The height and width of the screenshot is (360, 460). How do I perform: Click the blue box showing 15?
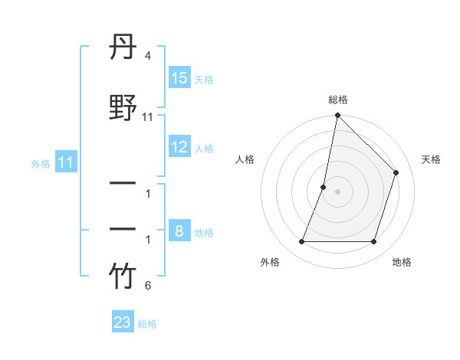179,78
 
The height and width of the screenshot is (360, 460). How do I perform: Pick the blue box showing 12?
179,147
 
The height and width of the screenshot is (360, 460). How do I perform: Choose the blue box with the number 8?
179,231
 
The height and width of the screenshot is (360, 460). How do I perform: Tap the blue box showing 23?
123,322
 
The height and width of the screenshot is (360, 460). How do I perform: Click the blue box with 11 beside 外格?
66,162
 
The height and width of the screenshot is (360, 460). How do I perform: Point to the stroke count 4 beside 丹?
147,57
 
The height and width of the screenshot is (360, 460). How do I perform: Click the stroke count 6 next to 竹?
147,286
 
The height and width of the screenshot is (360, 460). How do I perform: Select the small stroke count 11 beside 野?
148,117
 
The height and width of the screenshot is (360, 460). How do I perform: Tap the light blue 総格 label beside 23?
147,324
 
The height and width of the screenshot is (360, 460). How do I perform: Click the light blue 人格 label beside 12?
204,149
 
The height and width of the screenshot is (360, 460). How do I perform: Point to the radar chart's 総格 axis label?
337,100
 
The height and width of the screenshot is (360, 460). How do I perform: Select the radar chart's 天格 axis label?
431,159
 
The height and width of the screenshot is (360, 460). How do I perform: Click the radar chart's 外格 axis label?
270,262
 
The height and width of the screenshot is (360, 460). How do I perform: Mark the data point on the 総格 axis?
337,116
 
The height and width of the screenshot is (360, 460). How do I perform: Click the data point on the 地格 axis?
374,242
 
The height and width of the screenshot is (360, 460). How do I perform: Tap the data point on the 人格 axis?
324,187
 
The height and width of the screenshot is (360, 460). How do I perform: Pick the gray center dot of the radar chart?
337,191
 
